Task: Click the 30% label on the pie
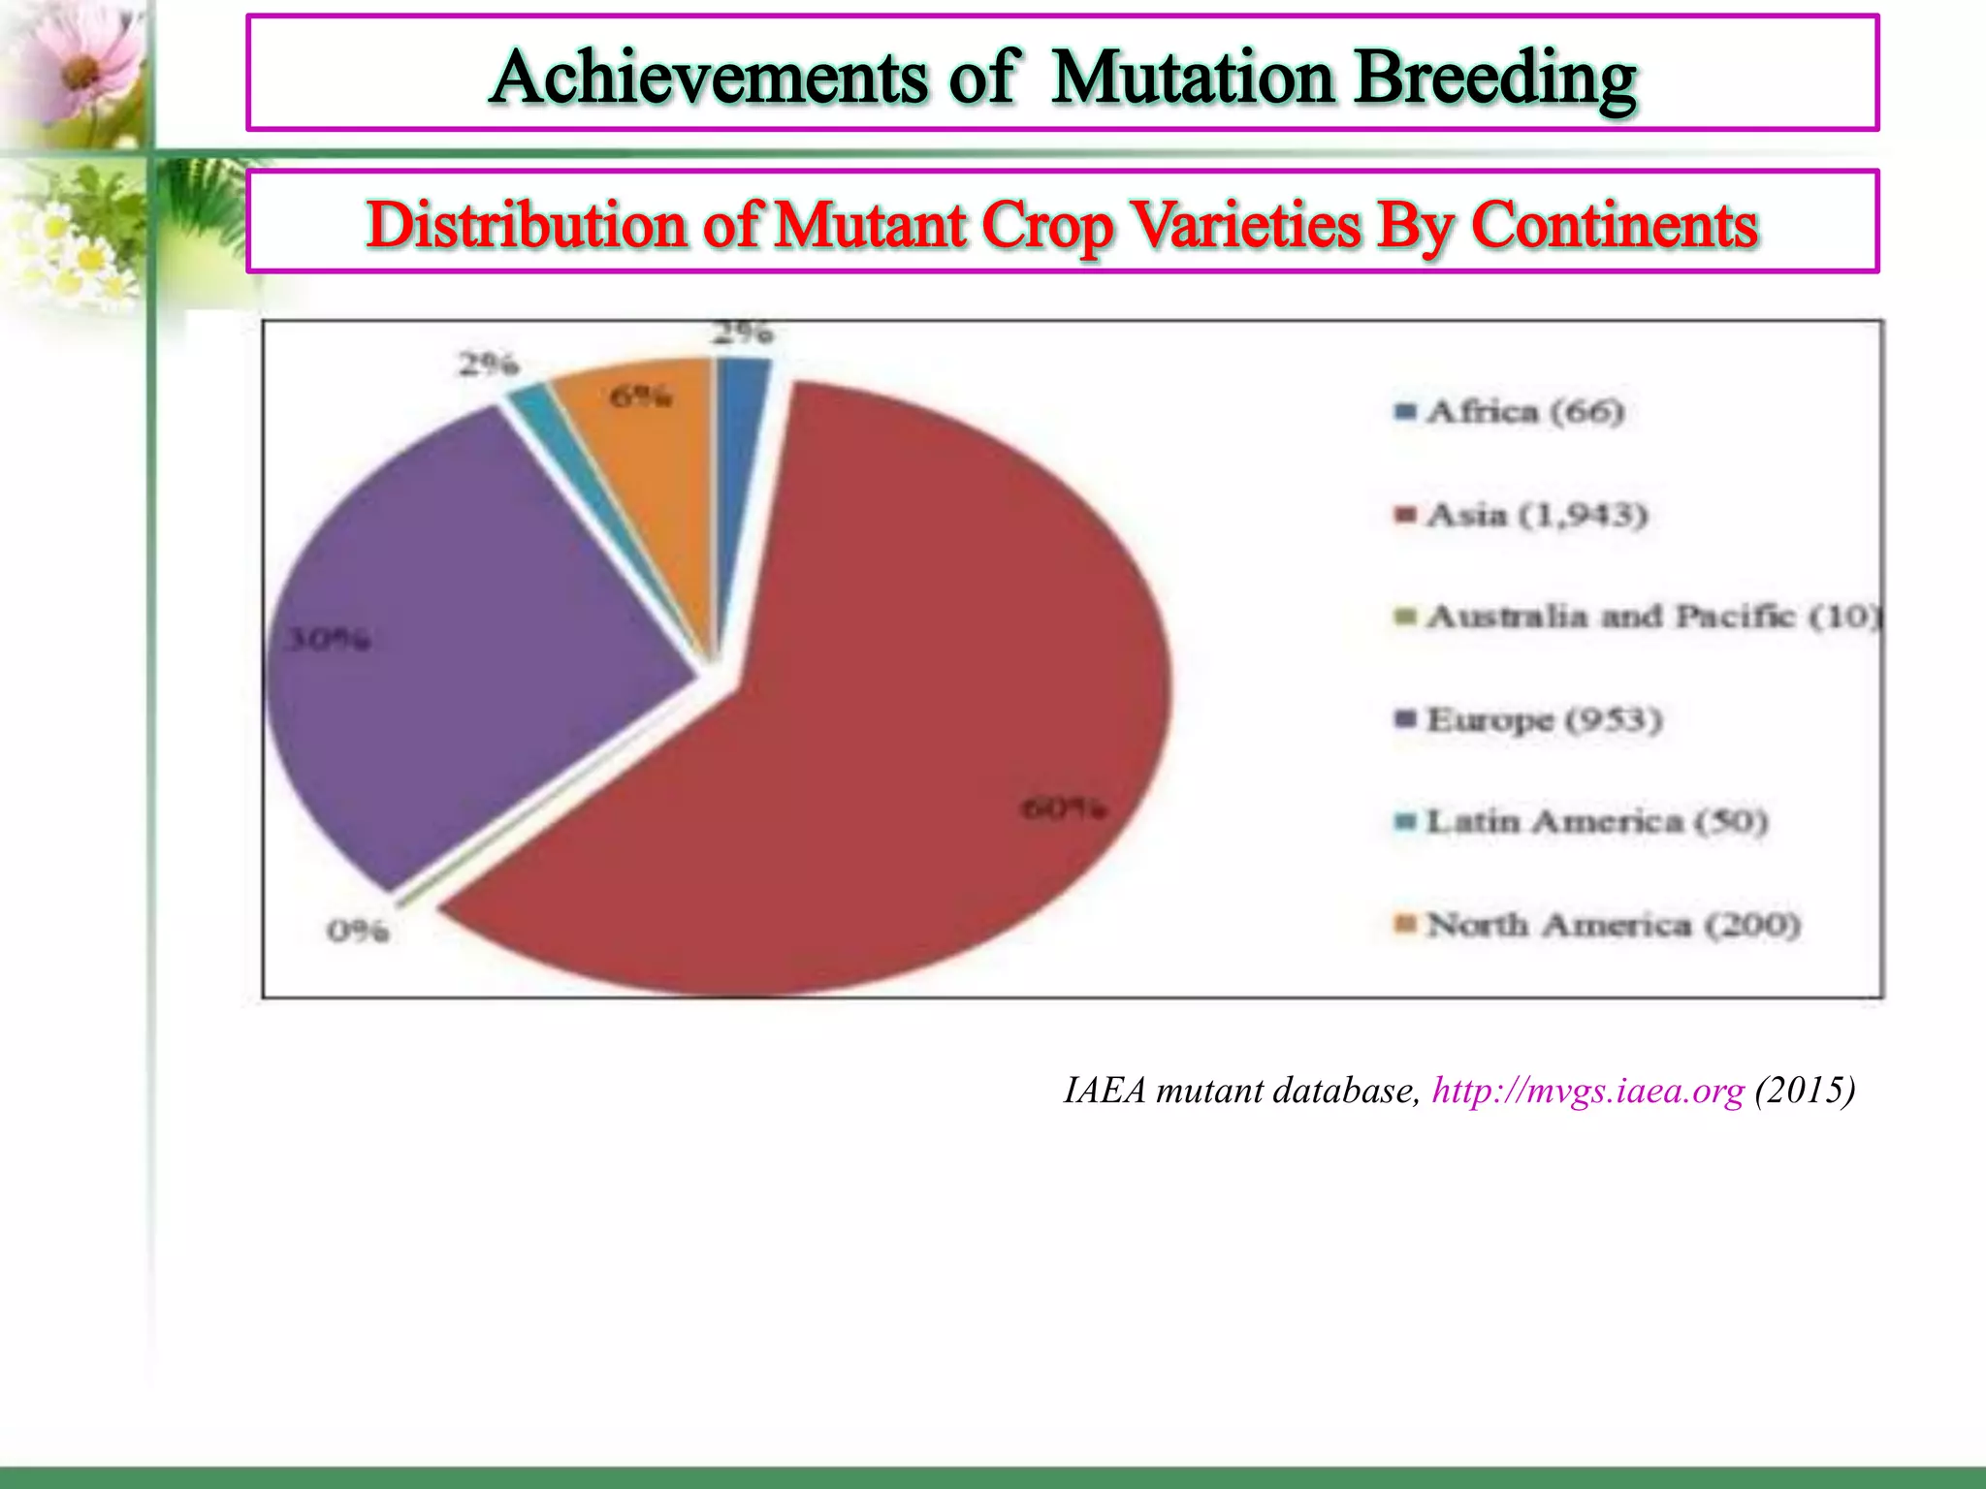(328, 640)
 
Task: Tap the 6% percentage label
(640, 396)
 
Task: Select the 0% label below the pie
(358, 932)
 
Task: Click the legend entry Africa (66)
(1524, 412)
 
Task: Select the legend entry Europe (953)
(1544, 719)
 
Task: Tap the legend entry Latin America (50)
(1596, 822)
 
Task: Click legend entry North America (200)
(1613, 925)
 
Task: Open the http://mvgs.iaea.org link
(1587, 1092)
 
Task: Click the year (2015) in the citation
(1805, 1092)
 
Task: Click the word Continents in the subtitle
(1614, 226)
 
